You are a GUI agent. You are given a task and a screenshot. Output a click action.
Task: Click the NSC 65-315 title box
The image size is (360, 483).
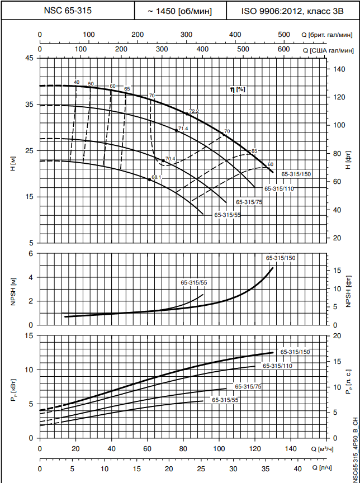point(68,10)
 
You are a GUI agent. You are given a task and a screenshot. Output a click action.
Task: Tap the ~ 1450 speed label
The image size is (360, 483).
point(180,10)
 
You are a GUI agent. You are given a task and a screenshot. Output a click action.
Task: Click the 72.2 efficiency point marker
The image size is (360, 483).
point(187,113)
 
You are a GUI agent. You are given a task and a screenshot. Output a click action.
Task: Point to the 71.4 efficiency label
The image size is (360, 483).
point(183,129)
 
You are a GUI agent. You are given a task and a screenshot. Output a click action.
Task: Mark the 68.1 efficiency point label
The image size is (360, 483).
point(157,177)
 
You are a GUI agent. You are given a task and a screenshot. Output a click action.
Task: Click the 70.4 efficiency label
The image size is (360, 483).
point(170,159)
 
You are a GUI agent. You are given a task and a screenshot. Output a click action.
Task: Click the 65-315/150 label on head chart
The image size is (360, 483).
point(296,174)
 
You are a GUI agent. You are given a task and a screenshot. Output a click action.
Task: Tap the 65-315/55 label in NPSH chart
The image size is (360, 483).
point(194,282)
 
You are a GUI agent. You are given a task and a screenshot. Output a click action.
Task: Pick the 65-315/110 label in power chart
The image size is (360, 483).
point(277,366)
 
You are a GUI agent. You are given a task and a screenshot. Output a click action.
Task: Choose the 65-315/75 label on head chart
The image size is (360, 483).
point(249,202)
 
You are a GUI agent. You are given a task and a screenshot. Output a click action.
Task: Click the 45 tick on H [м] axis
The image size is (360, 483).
point(30,58)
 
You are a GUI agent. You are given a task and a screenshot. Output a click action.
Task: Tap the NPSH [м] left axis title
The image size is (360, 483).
point(12,288)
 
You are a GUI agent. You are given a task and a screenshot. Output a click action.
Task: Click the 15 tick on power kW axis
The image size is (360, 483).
point(30,335)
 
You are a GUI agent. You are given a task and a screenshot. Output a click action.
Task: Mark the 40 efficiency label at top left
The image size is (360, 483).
point(77,82)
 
